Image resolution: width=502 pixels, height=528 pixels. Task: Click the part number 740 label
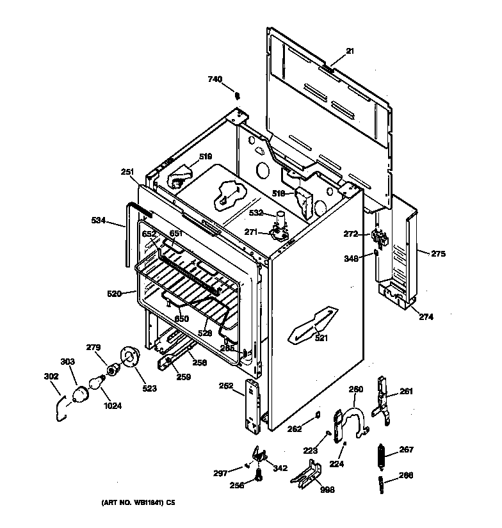tap(215, 79)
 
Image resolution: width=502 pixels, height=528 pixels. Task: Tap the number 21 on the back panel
tap(350, 51)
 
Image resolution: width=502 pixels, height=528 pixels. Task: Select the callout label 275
tap(438, 254)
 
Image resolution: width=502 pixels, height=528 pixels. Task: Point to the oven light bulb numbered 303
tap(81, 394)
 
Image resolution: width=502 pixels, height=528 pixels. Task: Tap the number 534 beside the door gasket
tap(99, 221)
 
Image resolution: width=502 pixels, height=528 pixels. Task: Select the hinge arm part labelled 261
tap(384, 400)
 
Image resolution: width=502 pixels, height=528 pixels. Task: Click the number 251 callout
tap(127, 172)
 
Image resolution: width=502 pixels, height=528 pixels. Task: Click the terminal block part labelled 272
tap(381, 240)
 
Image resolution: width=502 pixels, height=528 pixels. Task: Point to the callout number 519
tap(205, 156)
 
